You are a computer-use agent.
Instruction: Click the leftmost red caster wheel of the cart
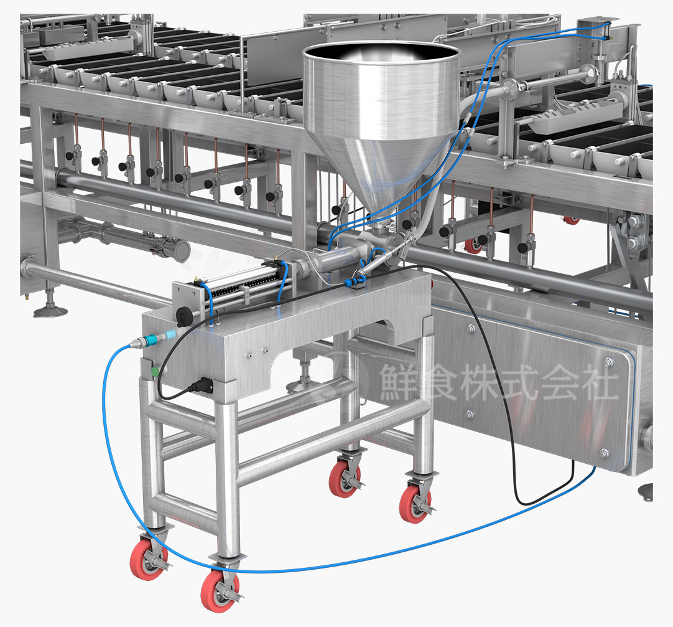coord(147,560)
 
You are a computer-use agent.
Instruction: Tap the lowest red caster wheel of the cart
coord(219,590)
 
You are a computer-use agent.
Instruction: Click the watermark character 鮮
coord(399,382)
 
